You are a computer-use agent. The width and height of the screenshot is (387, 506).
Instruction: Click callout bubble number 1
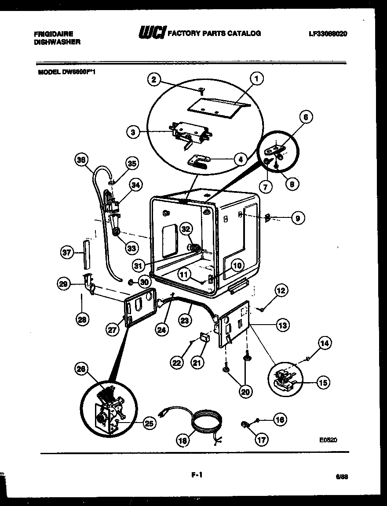pyautogui.click(x=256, y=79)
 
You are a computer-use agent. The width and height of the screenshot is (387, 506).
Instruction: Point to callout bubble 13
pyautogui.click(x=282, y=325)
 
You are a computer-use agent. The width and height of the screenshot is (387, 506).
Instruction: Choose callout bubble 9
pyautogui.click(x=298, y=218)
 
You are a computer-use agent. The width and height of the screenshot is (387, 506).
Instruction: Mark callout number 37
pyautogui.click(x=66, y=252)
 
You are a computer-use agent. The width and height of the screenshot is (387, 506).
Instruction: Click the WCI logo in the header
pyautogui.click(x=152, y=33)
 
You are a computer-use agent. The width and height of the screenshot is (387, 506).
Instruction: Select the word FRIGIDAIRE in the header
pyautogui.click(x=53, y=33)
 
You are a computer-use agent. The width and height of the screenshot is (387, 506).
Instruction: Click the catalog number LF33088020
pyautogui.click(x=328, y=33)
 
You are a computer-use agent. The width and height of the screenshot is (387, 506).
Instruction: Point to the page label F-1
pyautogui.click(x=197, y=474)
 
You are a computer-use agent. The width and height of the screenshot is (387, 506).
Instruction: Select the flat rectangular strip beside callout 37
pyautogui.click(x=86, y=254)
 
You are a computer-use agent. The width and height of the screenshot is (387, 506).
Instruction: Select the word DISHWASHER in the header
pyautogui.click(x=57, y=42)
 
